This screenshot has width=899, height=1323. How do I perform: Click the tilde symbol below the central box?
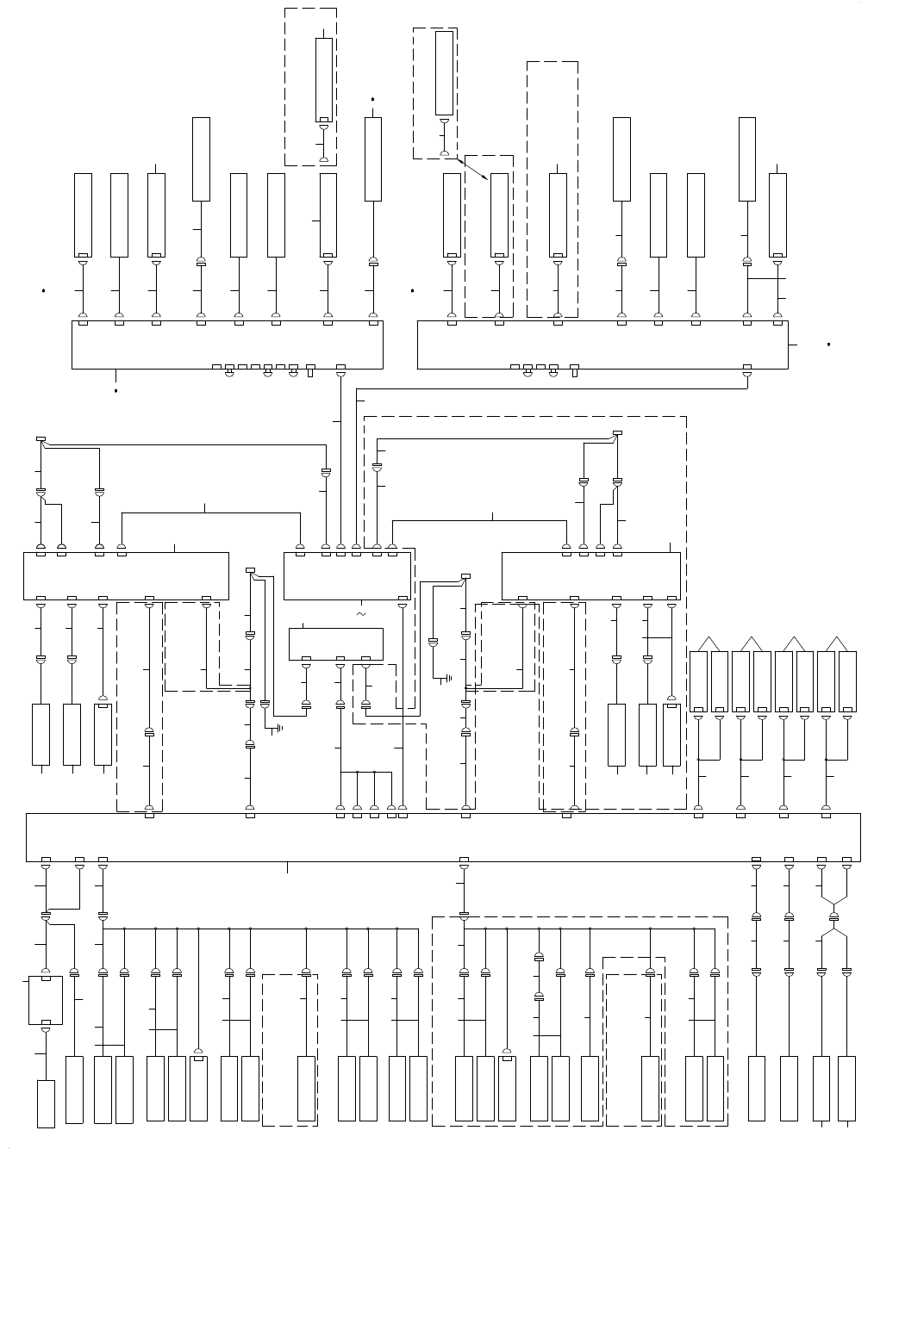click(360, 614)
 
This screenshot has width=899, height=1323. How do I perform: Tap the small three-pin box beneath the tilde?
click(335, 643)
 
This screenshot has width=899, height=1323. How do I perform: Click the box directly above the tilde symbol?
click(347, 575)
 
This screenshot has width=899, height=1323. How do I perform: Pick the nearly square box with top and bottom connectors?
click(46, 1000)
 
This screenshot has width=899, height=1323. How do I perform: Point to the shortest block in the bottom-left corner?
click(46, 1103)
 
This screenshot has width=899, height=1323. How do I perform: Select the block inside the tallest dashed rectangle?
click(558, 214)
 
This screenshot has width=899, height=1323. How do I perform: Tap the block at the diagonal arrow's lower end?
click(499, 214)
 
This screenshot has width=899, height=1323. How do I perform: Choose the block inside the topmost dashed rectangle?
click(324, 80)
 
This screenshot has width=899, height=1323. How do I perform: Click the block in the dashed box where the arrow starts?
click(444, 73)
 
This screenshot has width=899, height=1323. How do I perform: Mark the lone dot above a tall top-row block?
click(372, 99)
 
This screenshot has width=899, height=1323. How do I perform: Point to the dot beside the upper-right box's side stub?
click(828, 345)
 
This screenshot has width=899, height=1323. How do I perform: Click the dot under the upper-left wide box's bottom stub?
click(115, 391)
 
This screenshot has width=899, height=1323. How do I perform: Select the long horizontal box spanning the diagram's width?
click(443, 836)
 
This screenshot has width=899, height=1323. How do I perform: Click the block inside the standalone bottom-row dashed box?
click(306, 1088)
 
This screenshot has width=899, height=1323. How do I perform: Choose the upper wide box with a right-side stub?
click(602, 345)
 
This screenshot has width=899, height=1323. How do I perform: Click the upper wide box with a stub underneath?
click(227, 345)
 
